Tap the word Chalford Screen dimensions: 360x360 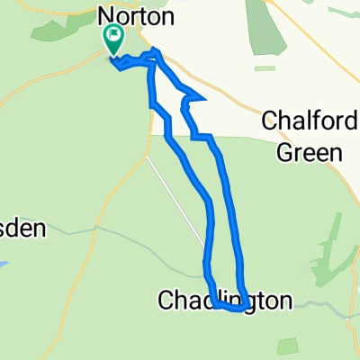pyautogui.click(x=302, y=121)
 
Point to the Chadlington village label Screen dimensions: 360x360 pyautogui.click(x=225, y=299)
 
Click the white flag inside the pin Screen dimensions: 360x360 pyautogui.click(x=114, y=37)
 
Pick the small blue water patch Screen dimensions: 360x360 pyautogui.click(x=3, y=266)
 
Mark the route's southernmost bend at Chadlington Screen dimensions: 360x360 pyautogui.click(x=236, y=309)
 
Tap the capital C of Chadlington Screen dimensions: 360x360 pyautogui.click(x=166, y=299)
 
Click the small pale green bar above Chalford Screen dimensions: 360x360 pyautogui.click(x=265, y=68)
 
